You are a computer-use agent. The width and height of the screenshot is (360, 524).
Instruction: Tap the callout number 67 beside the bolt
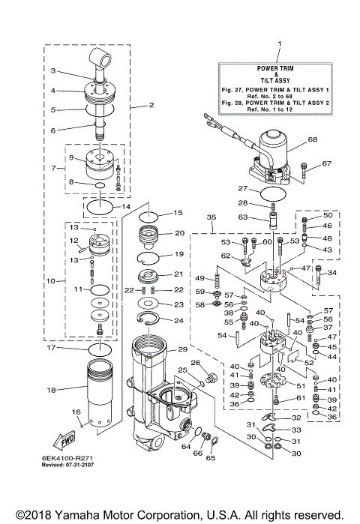pos(326,163)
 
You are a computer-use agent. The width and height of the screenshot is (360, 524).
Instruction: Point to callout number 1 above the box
pos(278,44)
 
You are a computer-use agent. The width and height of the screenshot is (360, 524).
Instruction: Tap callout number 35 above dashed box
pos(211,217)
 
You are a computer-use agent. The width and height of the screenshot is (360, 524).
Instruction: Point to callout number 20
pos(178,233)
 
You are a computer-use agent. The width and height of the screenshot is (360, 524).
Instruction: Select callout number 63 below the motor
pos(241,218)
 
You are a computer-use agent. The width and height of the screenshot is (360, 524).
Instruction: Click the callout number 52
pos(309,361)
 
